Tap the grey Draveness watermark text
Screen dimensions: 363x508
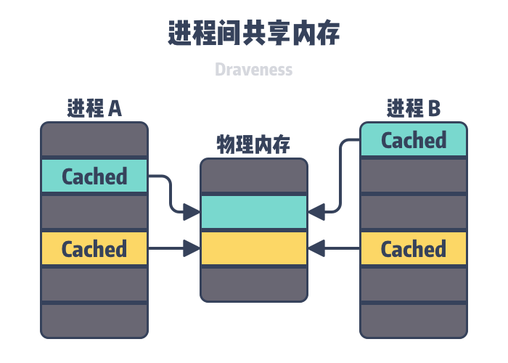254,70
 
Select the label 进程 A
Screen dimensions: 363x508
94,109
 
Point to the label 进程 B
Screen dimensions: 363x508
414,109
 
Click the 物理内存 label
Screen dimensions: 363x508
254,144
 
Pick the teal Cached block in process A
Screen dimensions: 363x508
94,176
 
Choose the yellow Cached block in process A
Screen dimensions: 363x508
94,249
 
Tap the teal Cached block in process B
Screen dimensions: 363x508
414,140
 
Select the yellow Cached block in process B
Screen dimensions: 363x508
414,249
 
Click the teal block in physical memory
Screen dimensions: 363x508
254,212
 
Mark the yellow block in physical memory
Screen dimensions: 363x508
254,249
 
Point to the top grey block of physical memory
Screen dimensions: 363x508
254,176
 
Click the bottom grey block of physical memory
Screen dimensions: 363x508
254,284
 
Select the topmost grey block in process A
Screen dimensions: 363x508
94,139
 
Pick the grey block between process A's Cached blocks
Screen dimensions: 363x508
94,213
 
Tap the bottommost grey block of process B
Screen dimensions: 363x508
414,321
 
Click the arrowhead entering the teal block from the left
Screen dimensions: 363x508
192,212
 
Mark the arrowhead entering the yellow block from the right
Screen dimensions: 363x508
316,249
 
